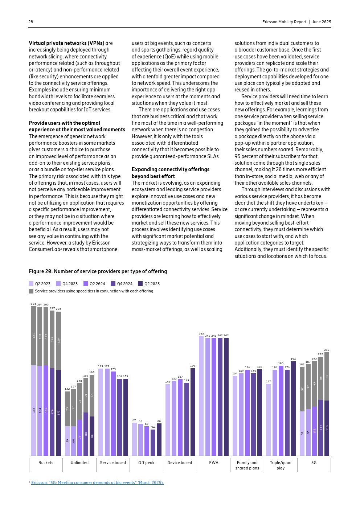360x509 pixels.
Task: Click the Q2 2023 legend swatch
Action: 31,284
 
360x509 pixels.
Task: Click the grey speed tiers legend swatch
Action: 31,291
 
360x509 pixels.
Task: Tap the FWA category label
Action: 214,463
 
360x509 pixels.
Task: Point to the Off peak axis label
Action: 146,463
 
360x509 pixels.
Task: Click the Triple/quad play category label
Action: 281,465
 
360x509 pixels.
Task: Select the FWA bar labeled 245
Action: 201,395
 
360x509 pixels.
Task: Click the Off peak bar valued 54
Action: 153,443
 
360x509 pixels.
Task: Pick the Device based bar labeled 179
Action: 193,412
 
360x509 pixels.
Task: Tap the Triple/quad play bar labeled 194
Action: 293,408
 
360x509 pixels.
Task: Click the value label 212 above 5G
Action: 327,350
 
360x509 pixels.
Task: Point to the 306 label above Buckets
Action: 33,304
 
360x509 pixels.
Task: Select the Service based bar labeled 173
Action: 113,414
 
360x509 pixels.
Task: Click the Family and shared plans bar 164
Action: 235,415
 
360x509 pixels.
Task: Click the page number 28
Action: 31,22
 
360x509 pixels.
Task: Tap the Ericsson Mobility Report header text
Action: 284,22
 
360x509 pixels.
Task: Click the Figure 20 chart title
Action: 98,271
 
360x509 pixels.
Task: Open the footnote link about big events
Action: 97,483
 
